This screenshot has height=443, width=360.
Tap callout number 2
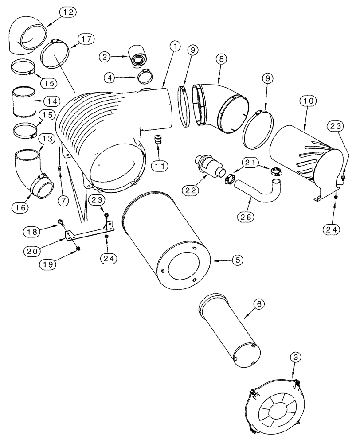[x=105, y=56]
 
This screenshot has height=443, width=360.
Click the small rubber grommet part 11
[x=157, y=140]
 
